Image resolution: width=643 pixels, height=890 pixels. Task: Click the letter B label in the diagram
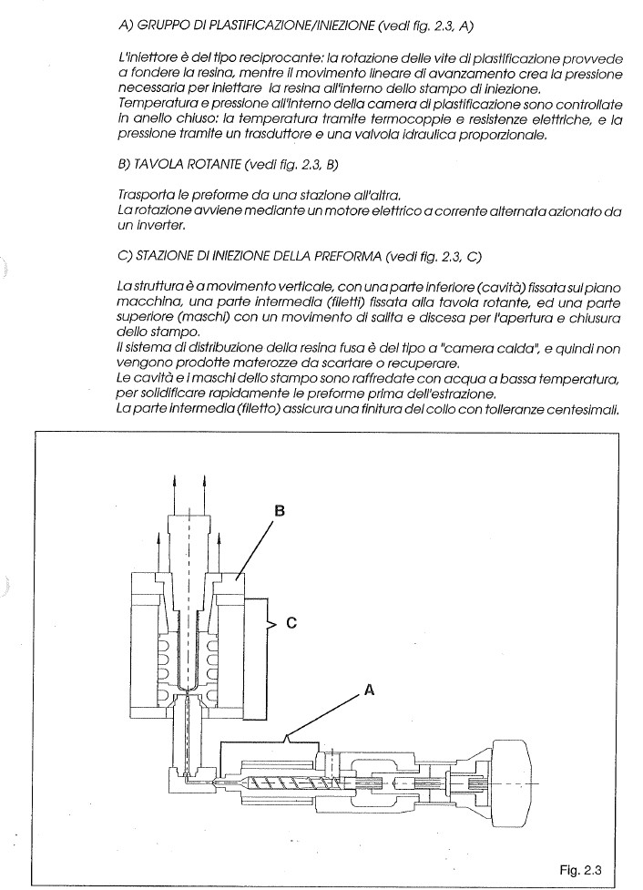pos(280,511)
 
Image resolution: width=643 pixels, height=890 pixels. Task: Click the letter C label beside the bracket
pos(291,623)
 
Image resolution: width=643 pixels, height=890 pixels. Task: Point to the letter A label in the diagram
pos(369,691)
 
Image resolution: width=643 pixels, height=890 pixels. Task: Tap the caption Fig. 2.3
pos(580,870)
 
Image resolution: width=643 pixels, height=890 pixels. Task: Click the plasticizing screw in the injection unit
pos(284,783)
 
